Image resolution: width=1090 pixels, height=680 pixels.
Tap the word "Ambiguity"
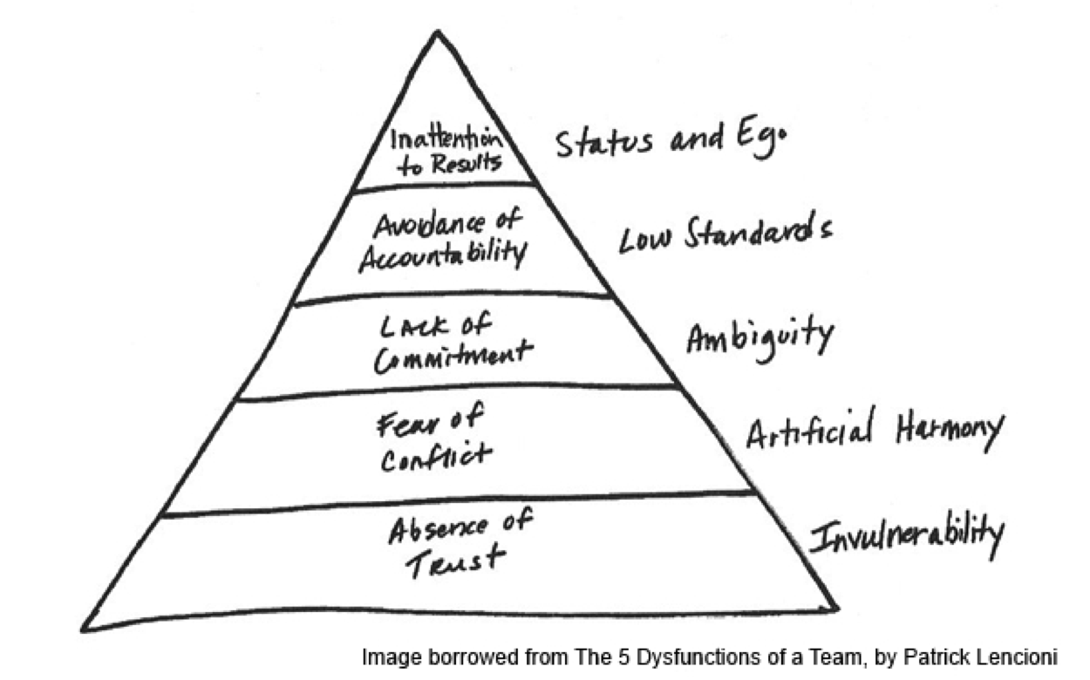coord(759,337)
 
